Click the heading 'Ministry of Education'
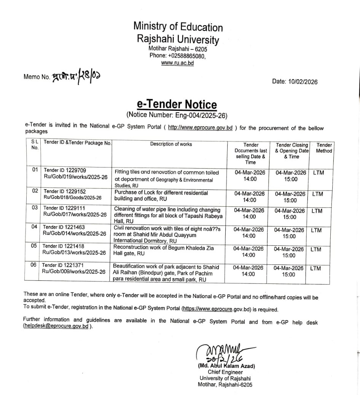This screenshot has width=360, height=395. tap(178, 27)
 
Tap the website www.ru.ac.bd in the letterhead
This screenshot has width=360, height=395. tap(177, 63)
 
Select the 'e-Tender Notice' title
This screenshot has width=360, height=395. tap(177, 105)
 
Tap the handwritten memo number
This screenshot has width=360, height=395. tap(76, 75)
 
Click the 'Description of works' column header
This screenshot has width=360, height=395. tap(171, 144)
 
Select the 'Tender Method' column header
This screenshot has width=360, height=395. tap(324, 148)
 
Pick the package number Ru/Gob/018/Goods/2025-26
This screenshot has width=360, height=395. tap(73, 197)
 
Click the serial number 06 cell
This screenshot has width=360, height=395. tap(34, 265)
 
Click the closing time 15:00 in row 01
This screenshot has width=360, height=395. tap(291, 179)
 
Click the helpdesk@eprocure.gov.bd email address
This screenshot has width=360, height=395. tap(56, 326)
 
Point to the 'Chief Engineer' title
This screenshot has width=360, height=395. tap(225, 372)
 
